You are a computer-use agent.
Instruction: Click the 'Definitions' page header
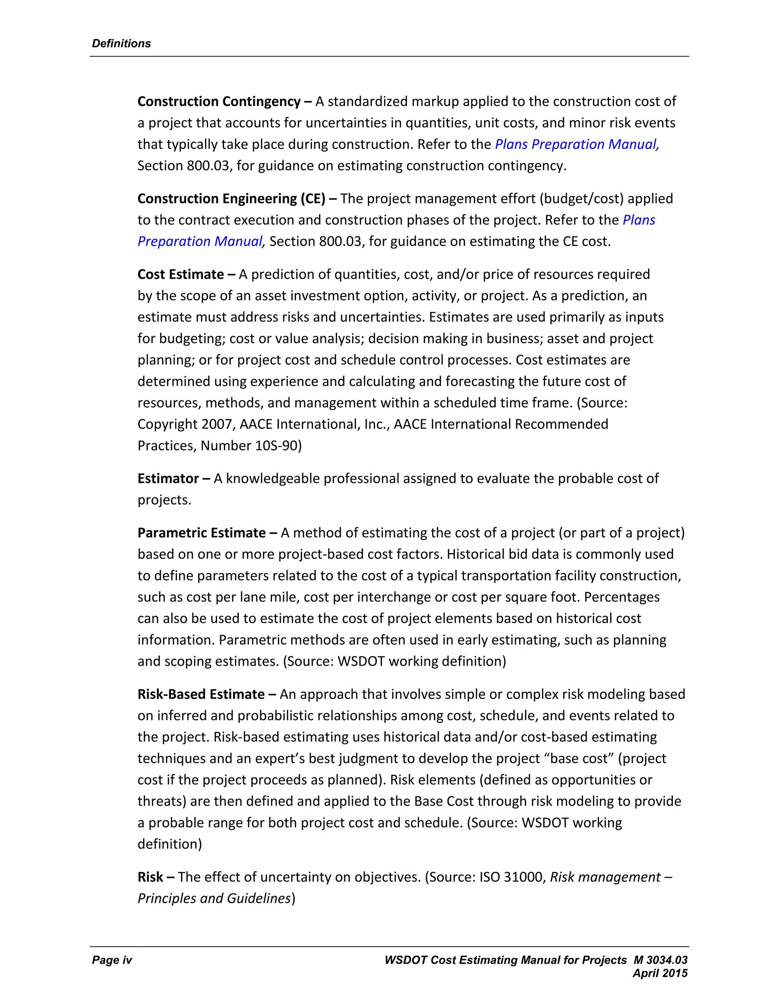[x=121, y=43]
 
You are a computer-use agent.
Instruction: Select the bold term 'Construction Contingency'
[x=219, y=101]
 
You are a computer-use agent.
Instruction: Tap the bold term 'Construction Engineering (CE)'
[x=231, y=199]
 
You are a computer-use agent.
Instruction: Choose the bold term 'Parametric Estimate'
[x=201, y=533]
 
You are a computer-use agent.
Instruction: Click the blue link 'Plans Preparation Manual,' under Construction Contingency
[x=577, y=144]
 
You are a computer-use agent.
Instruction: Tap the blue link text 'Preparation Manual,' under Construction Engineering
[x=201, y=242]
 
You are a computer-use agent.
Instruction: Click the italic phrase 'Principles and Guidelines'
[x=214, y=899]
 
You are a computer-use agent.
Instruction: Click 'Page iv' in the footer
[x=112, y=960]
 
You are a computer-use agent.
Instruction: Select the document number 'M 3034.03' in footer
[x=660, y=960]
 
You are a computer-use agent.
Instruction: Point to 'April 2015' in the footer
[x=660, y=973]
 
